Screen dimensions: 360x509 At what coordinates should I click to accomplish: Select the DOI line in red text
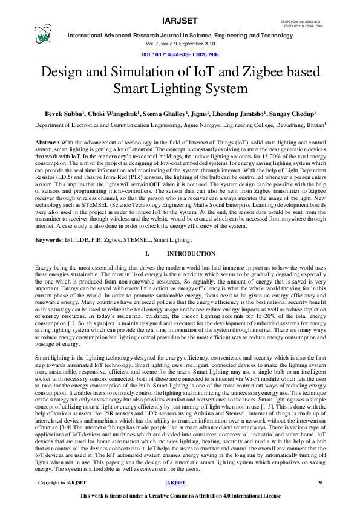pos(180,54)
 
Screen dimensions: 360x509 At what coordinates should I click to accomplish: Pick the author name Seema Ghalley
pos(179,113)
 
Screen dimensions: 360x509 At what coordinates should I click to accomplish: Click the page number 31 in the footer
pos(321,482)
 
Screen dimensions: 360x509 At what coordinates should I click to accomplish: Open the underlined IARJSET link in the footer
pos(175,482)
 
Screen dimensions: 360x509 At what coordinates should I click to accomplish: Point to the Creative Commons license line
pos(180,496)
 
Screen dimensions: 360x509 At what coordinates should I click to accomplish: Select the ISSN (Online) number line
pos(303,22)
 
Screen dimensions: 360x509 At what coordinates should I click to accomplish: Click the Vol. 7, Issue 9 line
pos(180,44)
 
